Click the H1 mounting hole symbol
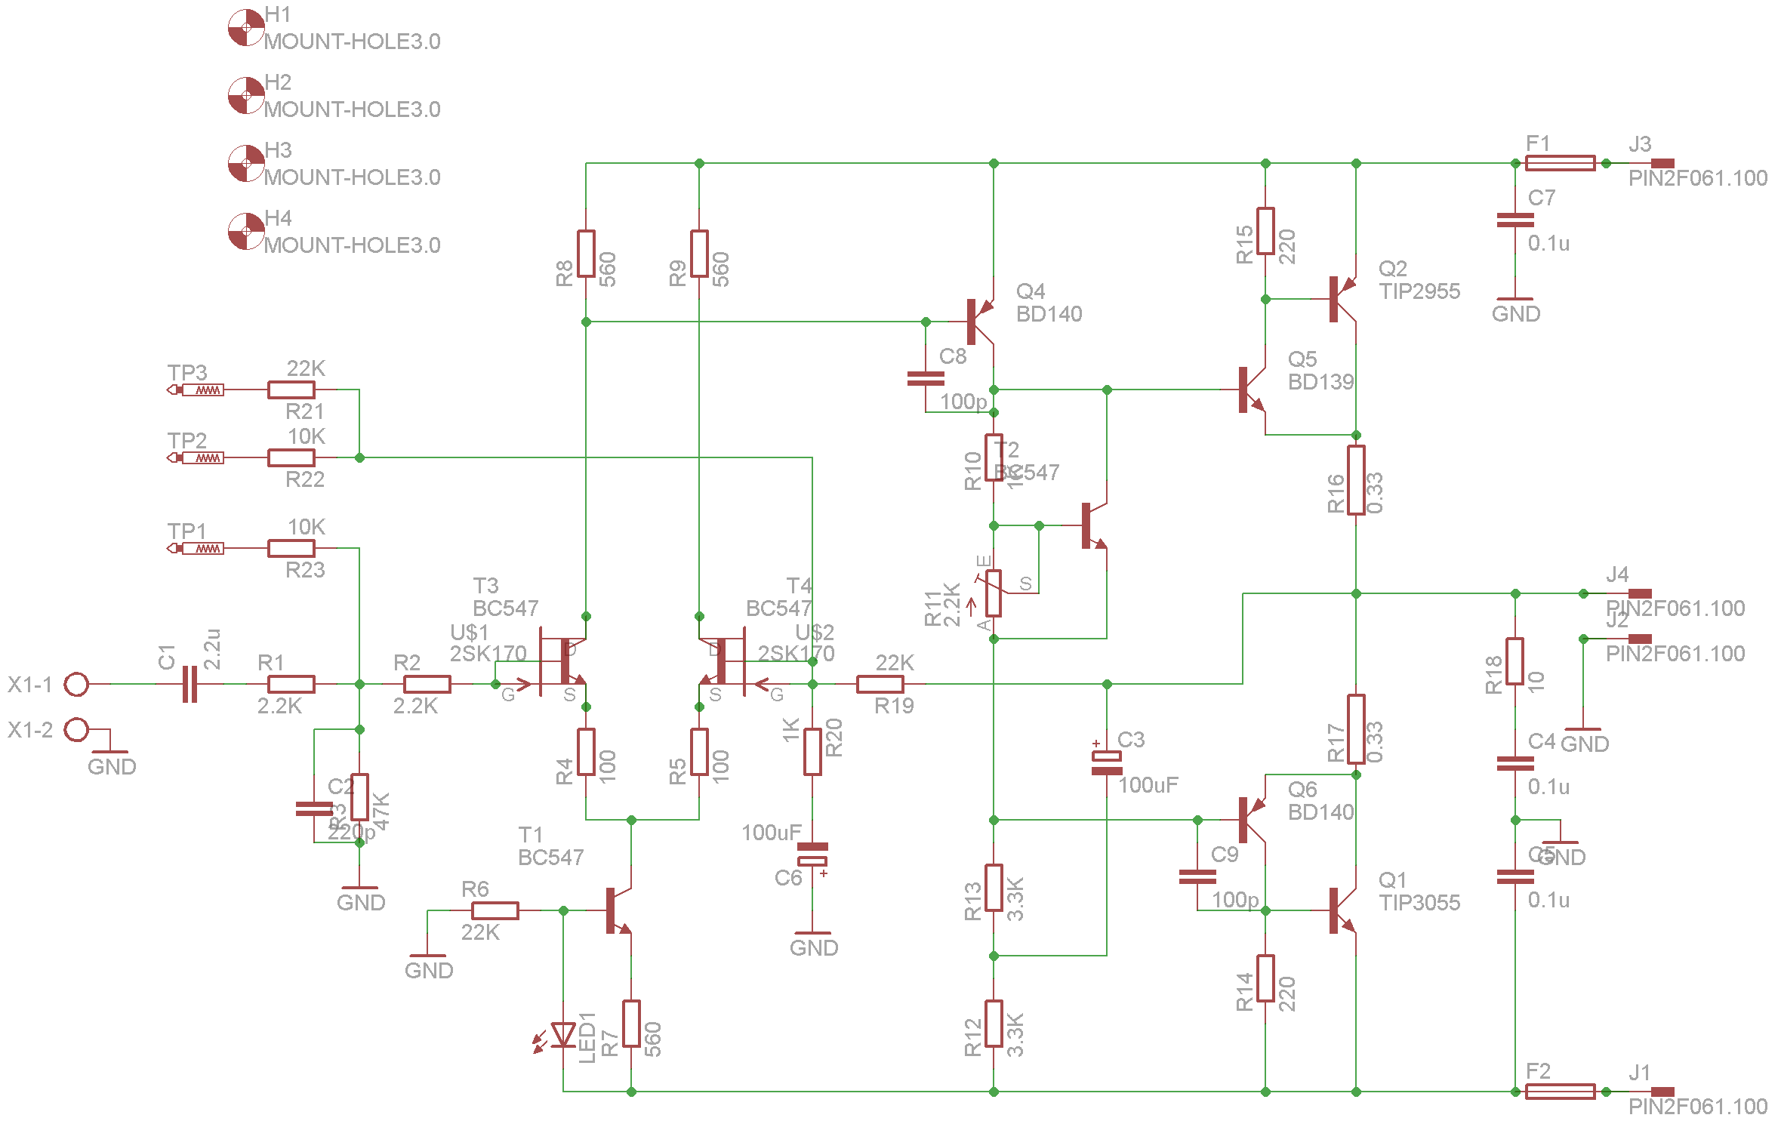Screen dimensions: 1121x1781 [246, 28]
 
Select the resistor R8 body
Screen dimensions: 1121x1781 [586, 254]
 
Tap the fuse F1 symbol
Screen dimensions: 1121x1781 [1560, 163]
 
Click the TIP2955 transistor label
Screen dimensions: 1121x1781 [1419, 291]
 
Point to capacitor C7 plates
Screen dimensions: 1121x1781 [1514, 220]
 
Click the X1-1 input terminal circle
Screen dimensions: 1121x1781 [76, 685]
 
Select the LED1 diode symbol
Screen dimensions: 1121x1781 [563, 1034]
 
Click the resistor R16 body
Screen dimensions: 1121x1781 [1356, 480]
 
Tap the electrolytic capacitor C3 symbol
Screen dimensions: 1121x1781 [1107, 762]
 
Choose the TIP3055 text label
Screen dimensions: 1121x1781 [1419, 903]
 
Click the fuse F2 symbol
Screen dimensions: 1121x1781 [1560, 1092]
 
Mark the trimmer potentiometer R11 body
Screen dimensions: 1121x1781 [994, 593]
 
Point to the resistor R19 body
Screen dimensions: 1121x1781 [880, 684]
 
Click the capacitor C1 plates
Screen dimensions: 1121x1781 [190, 684]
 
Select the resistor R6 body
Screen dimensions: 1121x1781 [495, 910]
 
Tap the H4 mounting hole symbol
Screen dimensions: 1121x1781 [246, 232]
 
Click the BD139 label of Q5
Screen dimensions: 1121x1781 [1320, 382]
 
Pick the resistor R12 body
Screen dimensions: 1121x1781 [994, 1024]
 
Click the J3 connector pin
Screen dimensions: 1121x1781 [1662, 163]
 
